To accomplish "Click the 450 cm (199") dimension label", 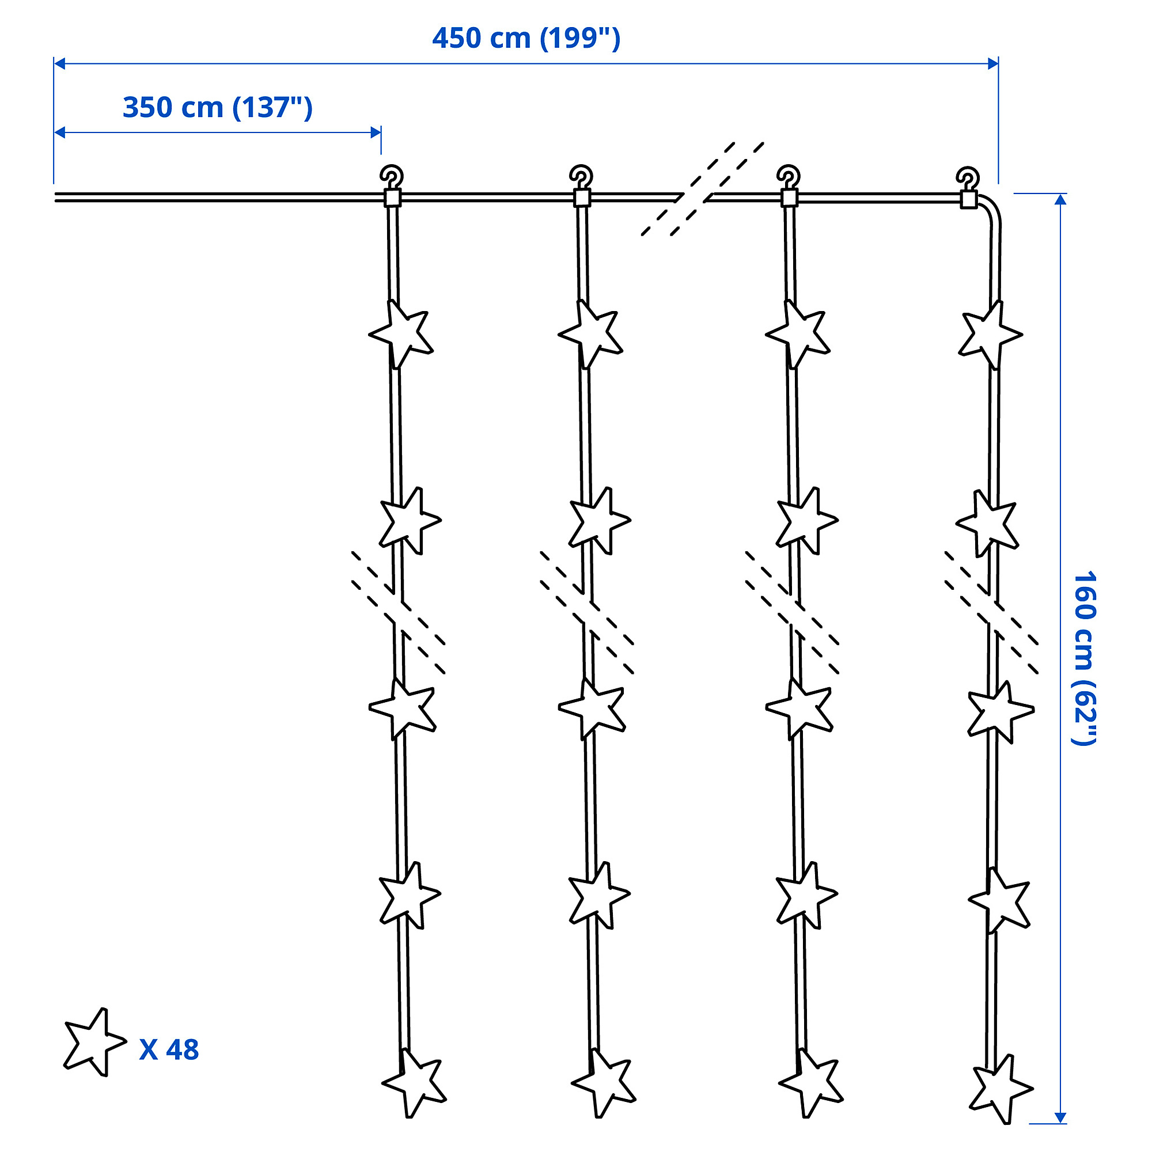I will (526, 39).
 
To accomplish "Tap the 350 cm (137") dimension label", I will (218, 108).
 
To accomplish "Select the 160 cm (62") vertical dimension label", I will (1083, 658).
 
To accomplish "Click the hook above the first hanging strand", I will (392, 176).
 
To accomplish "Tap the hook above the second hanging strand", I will (581, 176).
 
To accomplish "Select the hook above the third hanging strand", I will (789, 176).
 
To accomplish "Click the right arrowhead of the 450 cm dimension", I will (993, 63).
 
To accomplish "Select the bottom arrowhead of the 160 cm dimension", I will (1060, 1117).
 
